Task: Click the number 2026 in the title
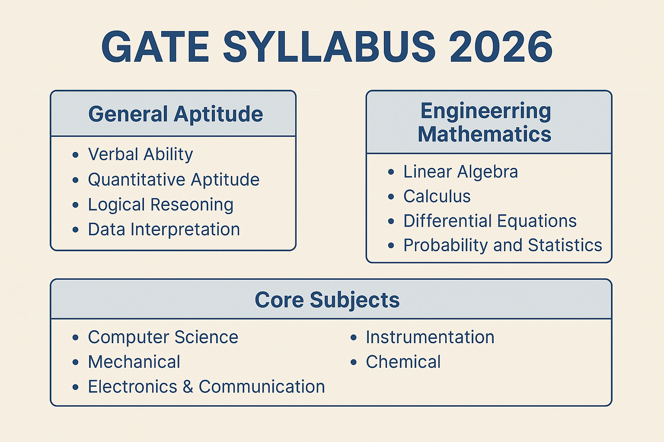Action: pos(501,47)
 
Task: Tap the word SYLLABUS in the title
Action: pos(329,47)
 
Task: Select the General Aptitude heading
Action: pos(176,114)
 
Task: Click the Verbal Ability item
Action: pos(140,155)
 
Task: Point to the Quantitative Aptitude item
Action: pos(174,180)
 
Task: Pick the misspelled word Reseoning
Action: pos(192,205)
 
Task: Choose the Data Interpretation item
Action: pos(164,230)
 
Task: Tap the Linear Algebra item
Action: pos(461,172)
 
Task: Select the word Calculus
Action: pos(437,196)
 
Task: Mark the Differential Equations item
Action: pos(490,221)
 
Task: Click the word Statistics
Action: pos(565,246)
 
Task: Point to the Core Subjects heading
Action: pos(327,300)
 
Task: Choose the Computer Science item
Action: pos(163,337)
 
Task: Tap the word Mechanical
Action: pos(134,362)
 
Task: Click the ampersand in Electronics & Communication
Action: pos(188,387)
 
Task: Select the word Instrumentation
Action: pos(430,337)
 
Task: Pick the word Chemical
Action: pos(403,362)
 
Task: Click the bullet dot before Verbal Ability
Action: pos(75,155)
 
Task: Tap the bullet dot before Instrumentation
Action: pos(353,338)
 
